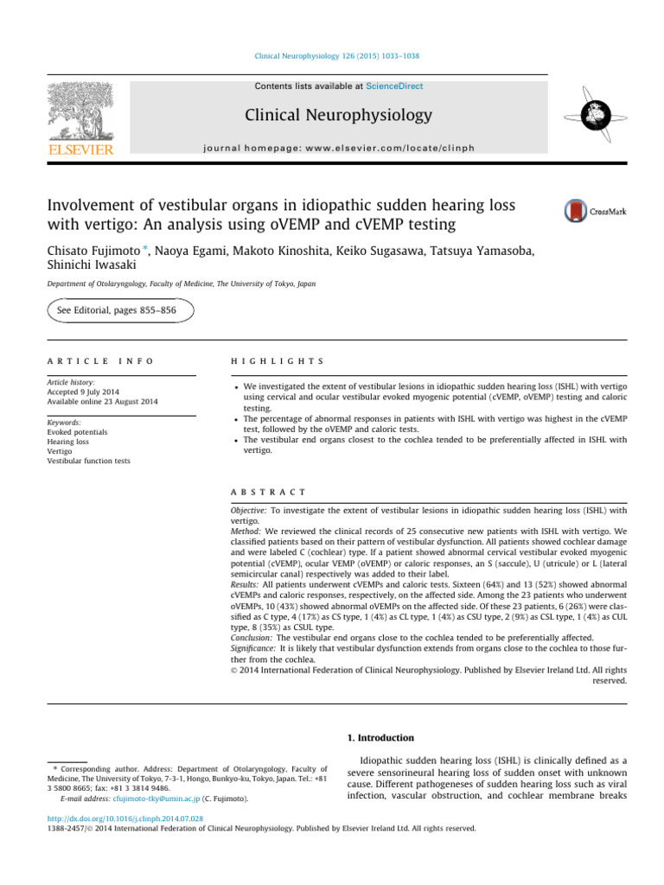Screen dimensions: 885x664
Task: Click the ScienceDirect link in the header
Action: click(394, 86)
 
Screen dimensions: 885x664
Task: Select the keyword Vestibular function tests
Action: click(89, 461)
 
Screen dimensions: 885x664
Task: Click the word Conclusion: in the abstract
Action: click(249, 635)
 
